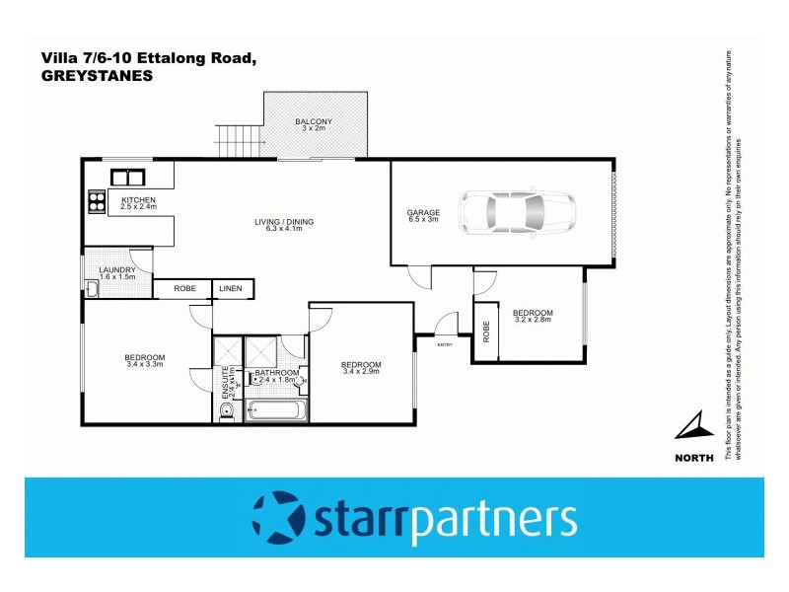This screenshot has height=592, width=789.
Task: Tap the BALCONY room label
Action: click(x=314, y=121)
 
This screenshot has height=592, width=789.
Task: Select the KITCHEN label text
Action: click(x=138, y=200)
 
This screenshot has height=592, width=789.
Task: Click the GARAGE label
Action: click(x=423, y=212)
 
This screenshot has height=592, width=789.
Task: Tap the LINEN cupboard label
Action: click(x=230, y=288)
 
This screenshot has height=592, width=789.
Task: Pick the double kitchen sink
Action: click(x=129, y=178)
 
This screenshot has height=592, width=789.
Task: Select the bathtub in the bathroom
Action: click(x=276, y=407)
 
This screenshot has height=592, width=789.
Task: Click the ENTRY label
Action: click(x=444, y=343)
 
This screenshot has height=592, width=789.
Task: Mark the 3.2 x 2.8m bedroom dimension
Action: click(x=533, y=319)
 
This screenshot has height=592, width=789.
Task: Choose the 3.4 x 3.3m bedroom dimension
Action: click(x=144, y=364)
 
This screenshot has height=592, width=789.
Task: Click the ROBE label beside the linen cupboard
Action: click(x=184, y=288)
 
